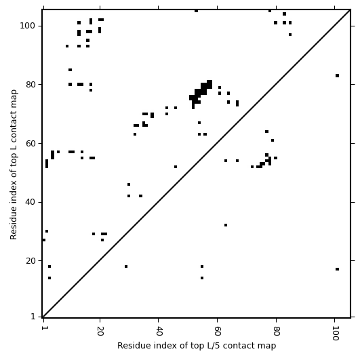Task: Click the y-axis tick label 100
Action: tap(27, 26)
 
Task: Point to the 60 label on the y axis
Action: tap(30, 143)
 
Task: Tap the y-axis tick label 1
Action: tap(33, 317)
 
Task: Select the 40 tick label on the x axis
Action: tap(159, 332)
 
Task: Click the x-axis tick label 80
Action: tap(277, 332)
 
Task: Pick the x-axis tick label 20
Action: tap(100, 332)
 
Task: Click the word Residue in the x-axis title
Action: tap(129, 345)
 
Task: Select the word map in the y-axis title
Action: tap(14, 98)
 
